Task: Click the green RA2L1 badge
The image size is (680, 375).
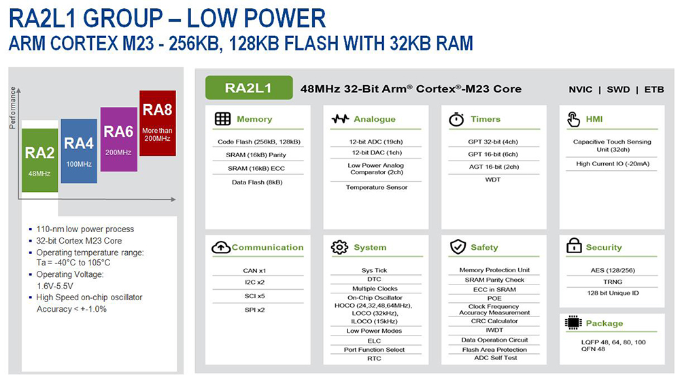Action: coord(249,88)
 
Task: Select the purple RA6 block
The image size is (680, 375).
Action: coord(118,138)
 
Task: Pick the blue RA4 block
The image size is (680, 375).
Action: coord(79,150)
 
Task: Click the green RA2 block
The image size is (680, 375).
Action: coord(39,156)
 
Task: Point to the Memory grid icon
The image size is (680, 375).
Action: coord(222,119)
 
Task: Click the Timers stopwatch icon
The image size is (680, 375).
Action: coord(456,119)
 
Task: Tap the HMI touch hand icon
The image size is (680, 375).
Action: coord(573,119)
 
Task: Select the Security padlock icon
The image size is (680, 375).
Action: coord(573,246)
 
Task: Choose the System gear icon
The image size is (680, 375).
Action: coord(339,247)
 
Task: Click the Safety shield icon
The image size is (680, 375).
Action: coord(458,247)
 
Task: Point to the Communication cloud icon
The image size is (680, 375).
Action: coord(221,248)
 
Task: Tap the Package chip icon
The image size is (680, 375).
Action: coord(573,323)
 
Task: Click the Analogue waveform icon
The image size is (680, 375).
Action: coord(340,119)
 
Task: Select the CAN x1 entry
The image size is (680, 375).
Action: coord(254,271)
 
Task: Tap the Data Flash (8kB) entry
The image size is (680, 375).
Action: coord(254,182)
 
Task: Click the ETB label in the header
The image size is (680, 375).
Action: coord(654,89)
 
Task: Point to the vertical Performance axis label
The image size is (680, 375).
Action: coord(12,109)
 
